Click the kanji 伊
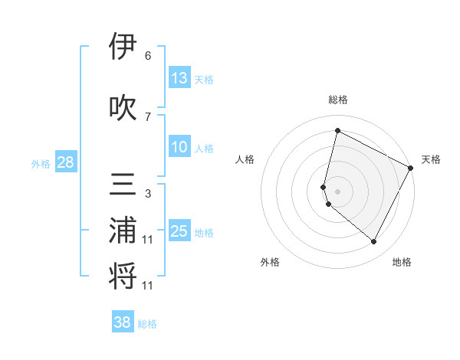tap(123, 47)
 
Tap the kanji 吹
tap(123, 106)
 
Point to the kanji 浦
tap(123, 232)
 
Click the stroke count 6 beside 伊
tap(147, 56)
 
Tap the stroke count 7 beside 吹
tap(147, 116)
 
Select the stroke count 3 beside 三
tap(147, 194)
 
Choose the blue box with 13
tap(179, 78)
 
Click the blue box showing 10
tap(179, 148)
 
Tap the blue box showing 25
tap(179, 231)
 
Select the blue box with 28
tap(65, 162)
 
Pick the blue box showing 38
tap(123, 322)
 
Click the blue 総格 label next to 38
tap(147, 324)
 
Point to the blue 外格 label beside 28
tap(41, 164)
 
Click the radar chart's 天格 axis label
tap(431, 159)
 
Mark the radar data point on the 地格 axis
tap(373, 242)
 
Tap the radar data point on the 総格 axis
tap(337, 131)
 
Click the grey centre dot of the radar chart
tap(337, 191)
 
